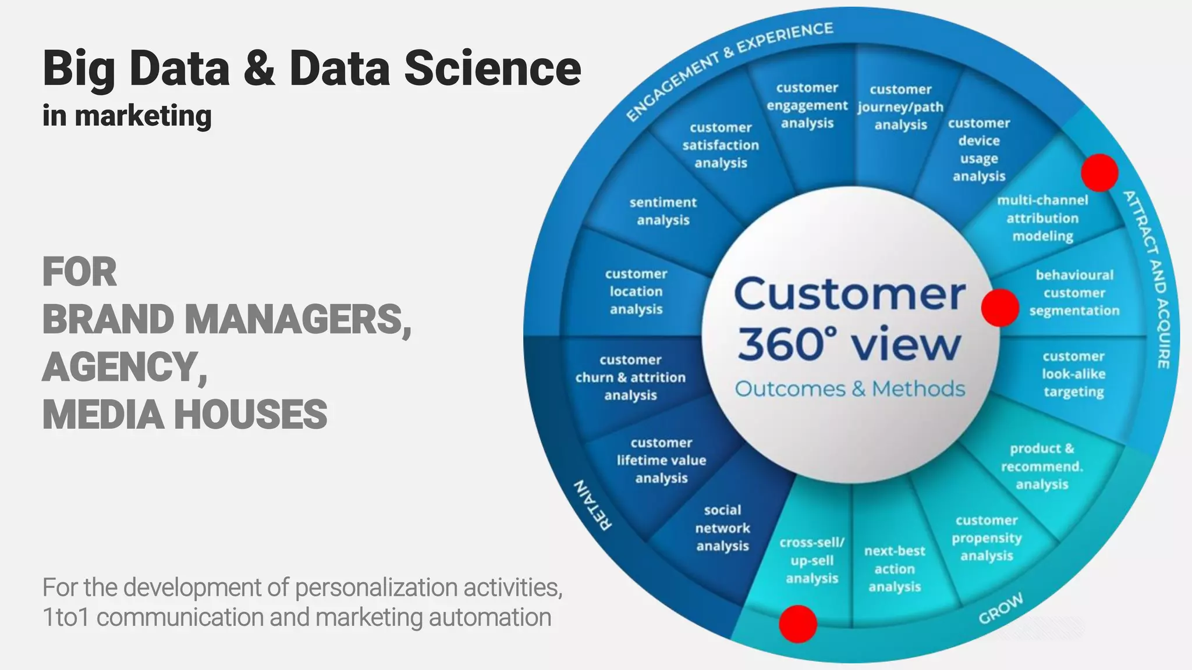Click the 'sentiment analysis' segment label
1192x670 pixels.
pyautogui.click(x=663, y=211)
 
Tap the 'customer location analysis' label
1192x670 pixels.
pyautogui.click(x=636, y=291)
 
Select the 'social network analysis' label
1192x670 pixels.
pyautogui.click(x=722, y=528)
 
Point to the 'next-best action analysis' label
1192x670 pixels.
pyautogui.click(x=895, y=569)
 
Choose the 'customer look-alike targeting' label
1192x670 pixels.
pyautogui.click(x=1074, y=374)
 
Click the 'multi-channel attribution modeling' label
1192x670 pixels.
pyautogui.click(x=1042, y=218)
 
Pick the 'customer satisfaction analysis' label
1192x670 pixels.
pyautogui.click(x=721, y=145)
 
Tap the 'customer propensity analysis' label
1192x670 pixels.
pyautogui.click(x=987, y=538)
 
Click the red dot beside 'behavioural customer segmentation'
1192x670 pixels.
pyautogui.click(x=1000, y=308)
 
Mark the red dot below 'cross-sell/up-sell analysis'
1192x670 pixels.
pyautogui.click(x=798, y=624)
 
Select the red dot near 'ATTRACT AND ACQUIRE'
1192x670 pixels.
pyautogui.click(x=1099, y=172)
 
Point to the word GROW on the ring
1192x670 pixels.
pyautogui.click(x=1001, y=609)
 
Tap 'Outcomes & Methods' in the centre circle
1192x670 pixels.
pyautogui.click(x=850, y=389)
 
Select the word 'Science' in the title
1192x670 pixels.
pyautogui.click(x=492, y=68)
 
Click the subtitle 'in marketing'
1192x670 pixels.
pyautogui.click(x=127, y=116)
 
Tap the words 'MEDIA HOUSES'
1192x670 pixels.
pyautogui.click(x=185, y=415)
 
